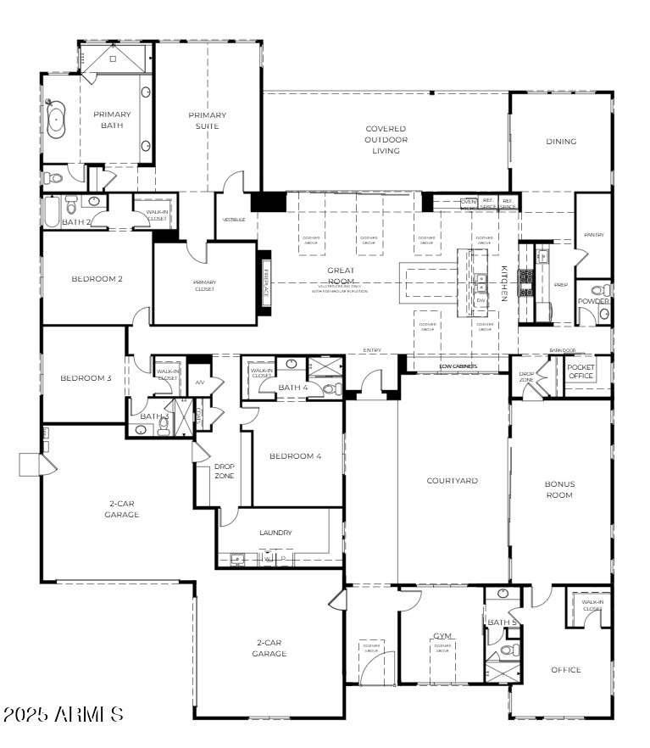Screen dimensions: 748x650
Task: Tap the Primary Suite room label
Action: click(x=208, y=120)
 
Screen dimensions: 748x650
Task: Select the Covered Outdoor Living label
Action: click(x=386, y=140)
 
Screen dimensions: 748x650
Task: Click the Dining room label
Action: click(x=561, y=142)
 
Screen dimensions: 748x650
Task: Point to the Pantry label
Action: click(x=593, y=235)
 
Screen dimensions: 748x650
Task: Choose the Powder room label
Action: click(x=593, y=301)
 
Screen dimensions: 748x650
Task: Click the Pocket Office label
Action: click(x=581, y=371)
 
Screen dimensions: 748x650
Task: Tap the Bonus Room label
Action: click(x=559, y=489)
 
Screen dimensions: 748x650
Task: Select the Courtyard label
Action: click(x=452, y=481)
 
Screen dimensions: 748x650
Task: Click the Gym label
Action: click(x=442, y=635)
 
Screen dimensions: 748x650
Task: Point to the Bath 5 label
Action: click(x=502, y=623)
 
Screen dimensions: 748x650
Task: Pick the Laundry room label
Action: click(x=275, y=533)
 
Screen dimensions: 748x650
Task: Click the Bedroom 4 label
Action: click(x=295, y=456)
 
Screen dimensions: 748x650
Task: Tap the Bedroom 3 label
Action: click(x=86, y=378)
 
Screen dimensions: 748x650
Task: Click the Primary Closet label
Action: click(x=204, y=286)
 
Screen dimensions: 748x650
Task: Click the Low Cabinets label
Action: click(x=458, y=366)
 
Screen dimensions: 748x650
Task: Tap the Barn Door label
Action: click(x=562, y=349)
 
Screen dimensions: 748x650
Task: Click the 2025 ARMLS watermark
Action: click(x=64, y=715)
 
